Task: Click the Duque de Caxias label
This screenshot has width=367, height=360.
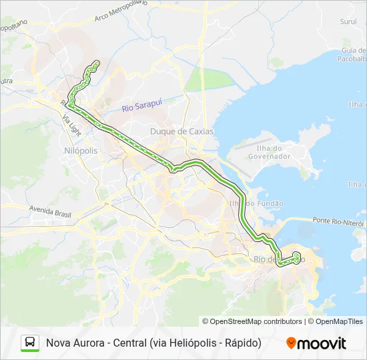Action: (x=181, y=131)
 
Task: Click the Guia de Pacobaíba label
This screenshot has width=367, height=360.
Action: (x=352, y=54)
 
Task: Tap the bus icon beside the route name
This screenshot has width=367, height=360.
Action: (x=30, y=343)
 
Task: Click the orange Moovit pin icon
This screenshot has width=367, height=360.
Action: (x=291, y=343)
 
